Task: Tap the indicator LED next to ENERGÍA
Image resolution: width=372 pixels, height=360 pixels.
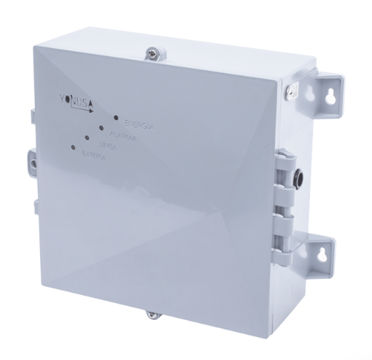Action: coord(116,115)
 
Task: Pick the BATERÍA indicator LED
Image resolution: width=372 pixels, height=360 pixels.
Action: coord(74,147)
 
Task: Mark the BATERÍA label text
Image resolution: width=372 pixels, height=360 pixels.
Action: coord(94,155)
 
